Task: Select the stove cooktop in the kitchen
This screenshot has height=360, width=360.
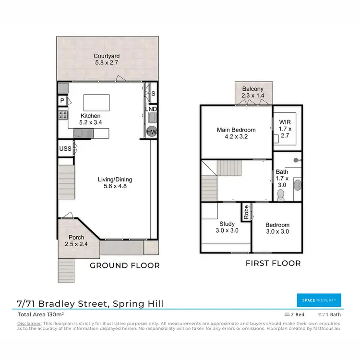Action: tap(63, 115)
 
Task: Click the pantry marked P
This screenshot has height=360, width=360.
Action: tap(62, 100)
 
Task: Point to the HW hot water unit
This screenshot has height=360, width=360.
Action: tap(152, 132)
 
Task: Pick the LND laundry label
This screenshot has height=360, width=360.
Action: tap(152, 109)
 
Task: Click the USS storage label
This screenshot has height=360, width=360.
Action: tap(65, 149)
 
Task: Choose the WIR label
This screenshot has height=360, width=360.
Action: tap(285, 122)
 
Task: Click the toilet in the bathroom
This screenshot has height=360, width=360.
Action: tap(281, 194)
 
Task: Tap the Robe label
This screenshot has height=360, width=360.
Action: tap(246, 213)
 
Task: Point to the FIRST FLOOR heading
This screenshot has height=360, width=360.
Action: tap(273, 263)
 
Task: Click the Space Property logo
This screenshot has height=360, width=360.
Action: tap(319, 300)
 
